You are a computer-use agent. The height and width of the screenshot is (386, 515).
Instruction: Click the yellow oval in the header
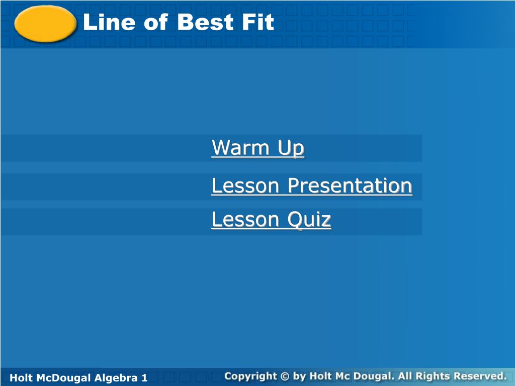[45, 24]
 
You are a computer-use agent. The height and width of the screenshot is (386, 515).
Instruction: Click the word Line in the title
[109, 22]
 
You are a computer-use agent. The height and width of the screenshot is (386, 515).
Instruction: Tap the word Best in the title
[205, 22]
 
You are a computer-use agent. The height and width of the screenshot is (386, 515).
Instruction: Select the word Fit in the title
[258, 22]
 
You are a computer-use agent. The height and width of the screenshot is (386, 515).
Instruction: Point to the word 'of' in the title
[156, 22]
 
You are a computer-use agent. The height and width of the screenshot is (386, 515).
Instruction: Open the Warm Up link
[258, 148]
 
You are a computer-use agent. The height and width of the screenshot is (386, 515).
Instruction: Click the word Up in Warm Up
[291, 148]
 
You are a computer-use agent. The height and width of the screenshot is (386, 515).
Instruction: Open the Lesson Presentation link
[312, 185]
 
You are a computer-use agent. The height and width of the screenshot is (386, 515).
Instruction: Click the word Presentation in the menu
[350, 185]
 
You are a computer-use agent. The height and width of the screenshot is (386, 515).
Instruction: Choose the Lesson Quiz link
[271, 220]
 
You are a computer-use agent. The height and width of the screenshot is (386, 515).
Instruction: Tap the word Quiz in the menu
[309, 220]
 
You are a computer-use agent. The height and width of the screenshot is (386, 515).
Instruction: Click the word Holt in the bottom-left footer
[20, 378]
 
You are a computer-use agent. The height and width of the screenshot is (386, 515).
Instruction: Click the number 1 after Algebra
[144, 378]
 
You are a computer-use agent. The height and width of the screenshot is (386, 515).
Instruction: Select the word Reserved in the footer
[480, 376]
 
